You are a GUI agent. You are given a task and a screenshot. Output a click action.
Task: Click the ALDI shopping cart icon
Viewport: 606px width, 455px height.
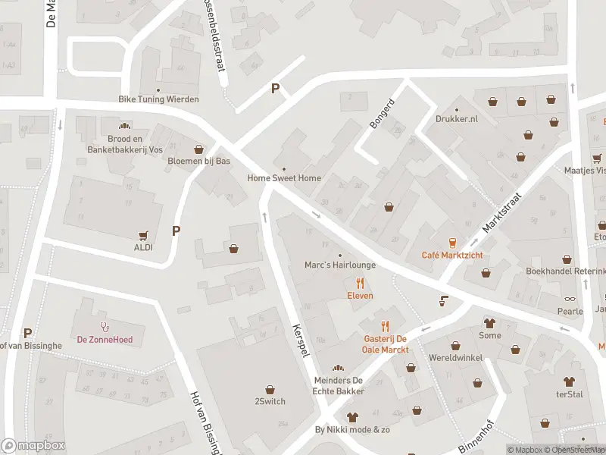[143, 236]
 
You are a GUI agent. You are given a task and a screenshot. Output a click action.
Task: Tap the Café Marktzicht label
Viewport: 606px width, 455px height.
[452, 255]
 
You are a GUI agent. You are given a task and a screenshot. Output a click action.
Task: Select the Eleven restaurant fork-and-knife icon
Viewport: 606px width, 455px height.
[360, 283]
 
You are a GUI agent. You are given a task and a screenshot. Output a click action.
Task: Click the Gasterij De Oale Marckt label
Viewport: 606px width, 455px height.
[385, 344]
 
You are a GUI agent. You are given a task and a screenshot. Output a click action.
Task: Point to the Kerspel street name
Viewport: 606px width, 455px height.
[300, 343]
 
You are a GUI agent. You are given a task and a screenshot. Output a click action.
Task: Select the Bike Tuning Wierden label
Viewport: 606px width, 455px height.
[158, 99]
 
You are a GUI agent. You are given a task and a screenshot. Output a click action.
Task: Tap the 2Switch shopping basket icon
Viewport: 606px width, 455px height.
[270, 389]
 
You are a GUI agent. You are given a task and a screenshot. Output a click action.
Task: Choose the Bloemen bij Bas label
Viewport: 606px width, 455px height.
[199, 161]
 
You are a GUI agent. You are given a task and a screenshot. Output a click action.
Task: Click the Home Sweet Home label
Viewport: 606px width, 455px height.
[284, 178]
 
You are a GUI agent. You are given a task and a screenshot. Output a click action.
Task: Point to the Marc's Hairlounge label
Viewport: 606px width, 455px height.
[339, 265]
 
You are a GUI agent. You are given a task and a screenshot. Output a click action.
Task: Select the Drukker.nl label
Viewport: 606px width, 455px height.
[457, 119]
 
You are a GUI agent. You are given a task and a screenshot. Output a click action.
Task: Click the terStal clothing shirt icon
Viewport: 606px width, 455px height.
[568, 381]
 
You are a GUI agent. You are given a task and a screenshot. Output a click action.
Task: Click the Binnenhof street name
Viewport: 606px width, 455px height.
[476, 436]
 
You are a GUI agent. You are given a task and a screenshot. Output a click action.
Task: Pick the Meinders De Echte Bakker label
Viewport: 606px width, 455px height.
[339, 386]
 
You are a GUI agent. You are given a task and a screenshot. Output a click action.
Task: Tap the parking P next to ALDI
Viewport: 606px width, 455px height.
[176, 231]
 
